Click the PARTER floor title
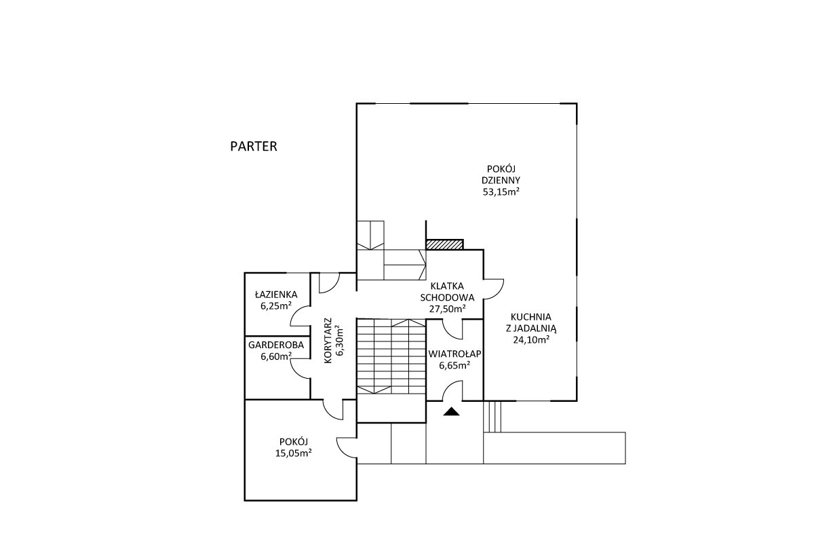tap(254, 146)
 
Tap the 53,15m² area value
tap(501, 191)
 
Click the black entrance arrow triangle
tap(451, 411)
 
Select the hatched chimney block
tap(445, 244)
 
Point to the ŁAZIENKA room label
tap(276, 294)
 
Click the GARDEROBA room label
tap(276, 345)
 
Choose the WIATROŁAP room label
tap(454, 354)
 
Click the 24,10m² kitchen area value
tap(531, 339)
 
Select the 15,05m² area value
tap(294, 453)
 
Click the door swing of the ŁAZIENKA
tap(300, 316)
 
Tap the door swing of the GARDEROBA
tap(300, 368)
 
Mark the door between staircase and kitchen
tap(494, 289)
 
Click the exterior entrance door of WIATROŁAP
tap(452, 390)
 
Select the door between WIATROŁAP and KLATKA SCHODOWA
tap(452, 329)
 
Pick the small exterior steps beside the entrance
tap(492, 417)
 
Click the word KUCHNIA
tap(531, 317)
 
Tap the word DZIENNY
tap(501, 180)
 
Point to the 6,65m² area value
tap(454, 366)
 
